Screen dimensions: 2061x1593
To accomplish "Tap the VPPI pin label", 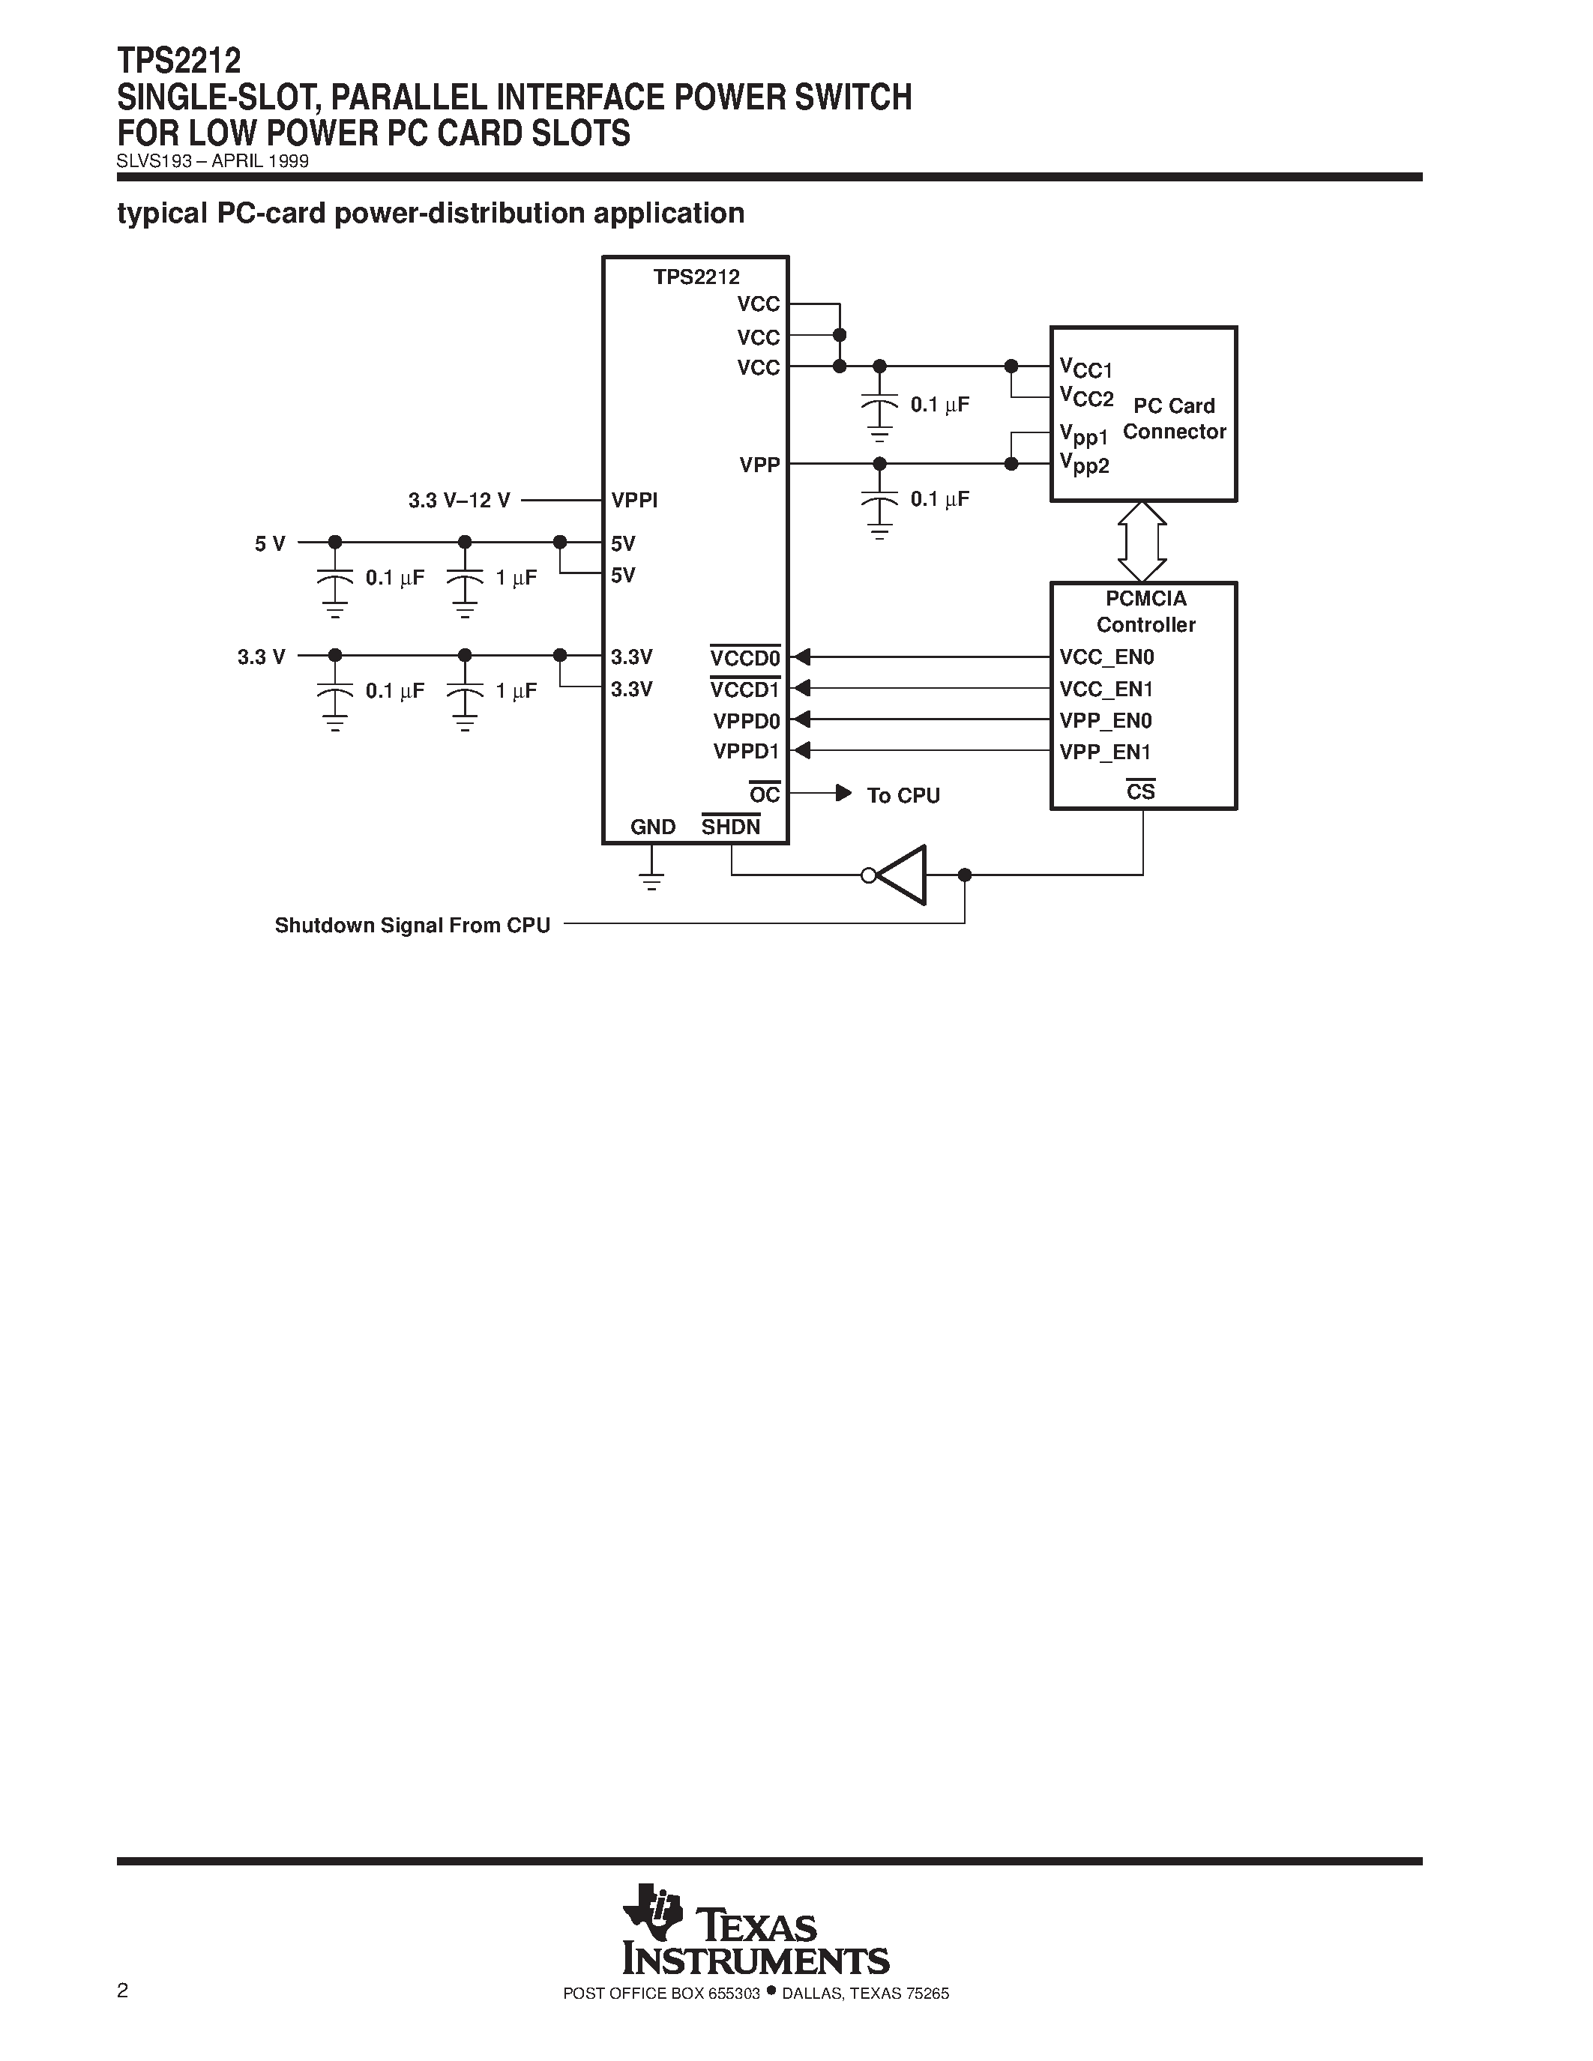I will click(x=634, y=500).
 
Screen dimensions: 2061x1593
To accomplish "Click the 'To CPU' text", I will click(x=903, y=795).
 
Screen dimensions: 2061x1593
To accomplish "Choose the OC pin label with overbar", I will click(x=765, y=794).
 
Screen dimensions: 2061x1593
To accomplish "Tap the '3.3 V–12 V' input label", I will click(x=460, y=500).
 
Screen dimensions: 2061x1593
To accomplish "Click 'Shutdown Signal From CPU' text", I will click(x=412, y=925).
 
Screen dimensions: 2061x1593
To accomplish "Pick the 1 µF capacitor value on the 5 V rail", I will click(x=517, y=578).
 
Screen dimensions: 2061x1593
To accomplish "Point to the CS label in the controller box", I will click(x=1140, y=791).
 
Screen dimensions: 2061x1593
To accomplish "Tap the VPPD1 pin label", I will click(x=747, y=752).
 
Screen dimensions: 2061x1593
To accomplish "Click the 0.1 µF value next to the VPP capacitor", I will click(x=939, y=499).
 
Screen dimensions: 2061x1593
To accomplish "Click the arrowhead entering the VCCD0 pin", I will click(x=801, y=657).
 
